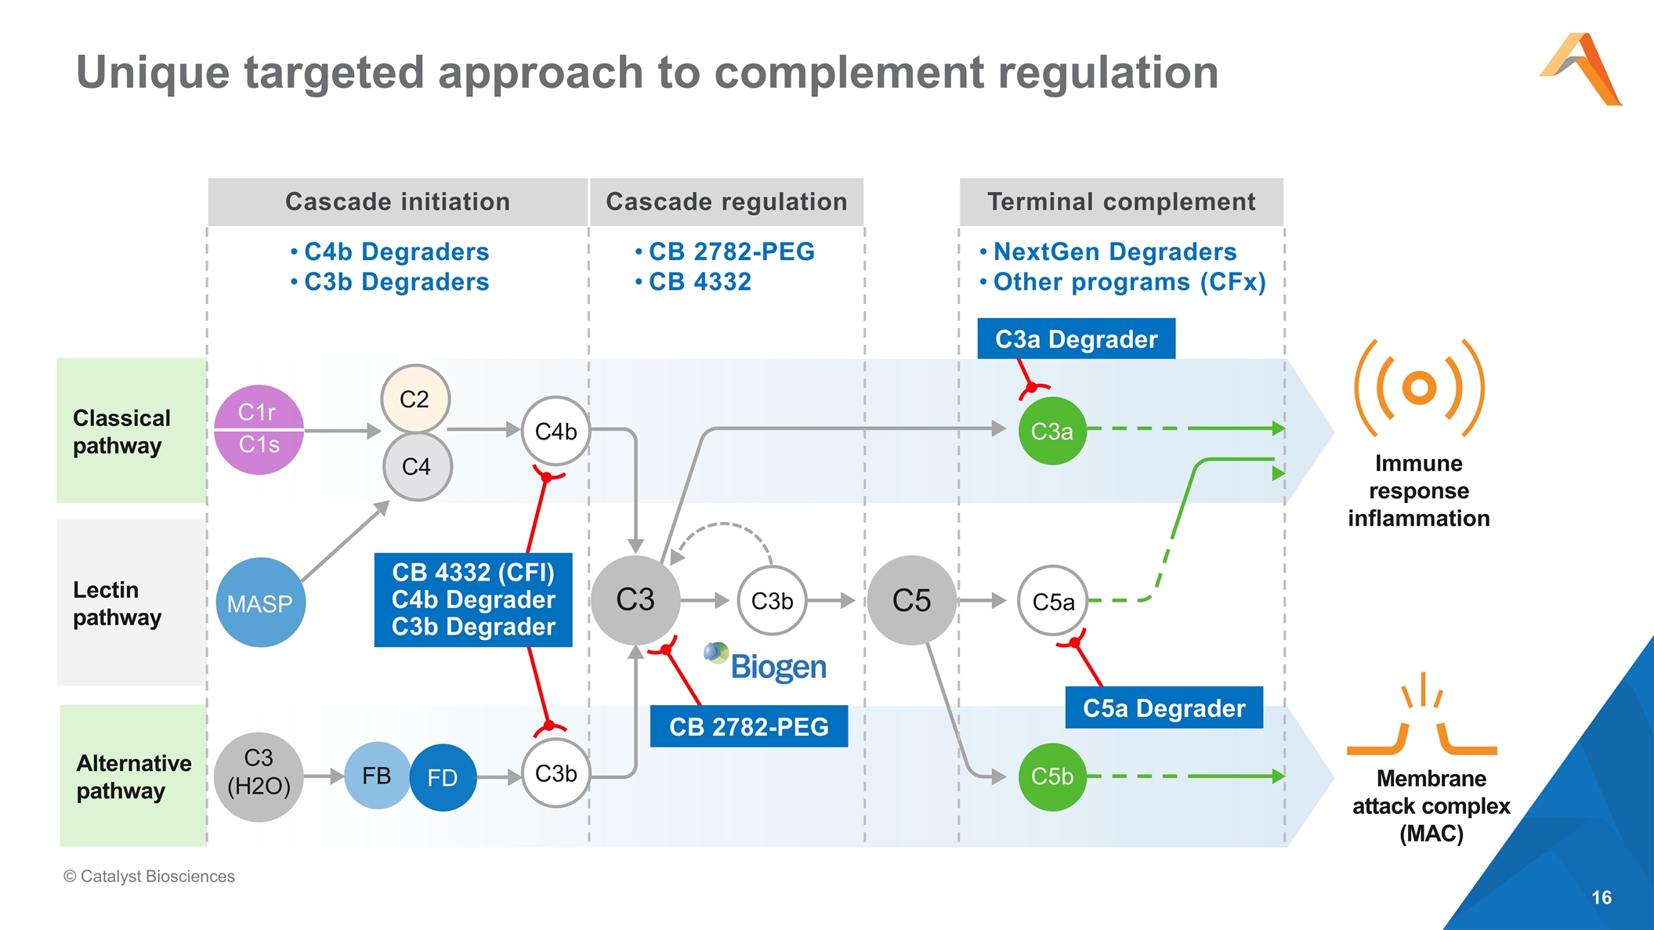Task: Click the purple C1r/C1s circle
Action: [259, 429]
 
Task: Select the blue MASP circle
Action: [260, 603]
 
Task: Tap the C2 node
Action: [415, 400]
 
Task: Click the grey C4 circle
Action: [417, 467]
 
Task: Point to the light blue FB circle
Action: [377, 776]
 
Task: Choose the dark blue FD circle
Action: [443, 777]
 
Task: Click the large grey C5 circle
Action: [911, 600]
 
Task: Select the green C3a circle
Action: [1051, 431]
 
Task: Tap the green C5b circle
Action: [1051, 776]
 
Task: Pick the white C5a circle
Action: [1053, 601]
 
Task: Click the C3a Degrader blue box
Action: [1076, 339]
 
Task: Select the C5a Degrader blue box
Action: [1164, 708]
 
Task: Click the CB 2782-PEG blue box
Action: [748, 726]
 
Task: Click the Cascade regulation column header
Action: [726, 202]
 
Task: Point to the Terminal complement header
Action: [1121, 202]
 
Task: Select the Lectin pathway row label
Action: [118, 603]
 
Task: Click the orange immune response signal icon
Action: [1419, 388]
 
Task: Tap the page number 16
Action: [1602, 898]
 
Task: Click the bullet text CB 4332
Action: [700, 282]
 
